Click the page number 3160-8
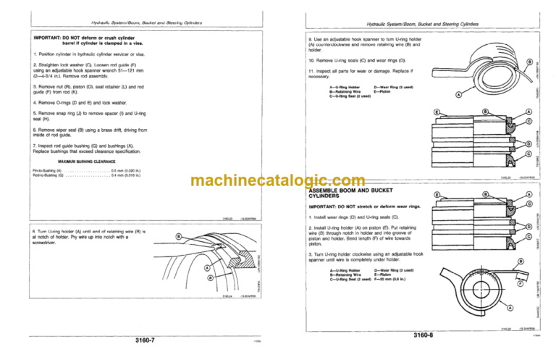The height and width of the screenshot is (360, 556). [420, 335]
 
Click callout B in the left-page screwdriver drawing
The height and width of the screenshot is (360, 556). [179, 236]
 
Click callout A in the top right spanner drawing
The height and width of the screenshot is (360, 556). [459, 95]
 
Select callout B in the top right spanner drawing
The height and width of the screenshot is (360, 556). [530, 62]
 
